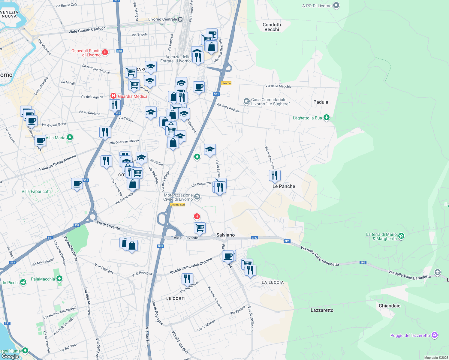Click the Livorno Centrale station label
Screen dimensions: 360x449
pos(163,19)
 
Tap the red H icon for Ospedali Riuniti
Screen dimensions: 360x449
pos(105,52)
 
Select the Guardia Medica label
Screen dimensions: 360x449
pos(132,96)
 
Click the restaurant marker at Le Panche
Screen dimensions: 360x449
pos(275,175)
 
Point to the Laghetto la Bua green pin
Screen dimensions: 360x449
pos(327,118)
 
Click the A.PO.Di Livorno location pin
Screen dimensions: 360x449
pos(336,5)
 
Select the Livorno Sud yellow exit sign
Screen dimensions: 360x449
pos(177,205)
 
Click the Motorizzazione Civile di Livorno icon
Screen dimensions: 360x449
pos(197,197)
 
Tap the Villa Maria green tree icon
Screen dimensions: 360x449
pos(70,137)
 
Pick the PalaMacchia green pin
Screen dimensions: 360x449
pos(59,279)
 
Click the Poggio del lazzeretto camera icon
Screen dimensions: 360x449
pos(435,335)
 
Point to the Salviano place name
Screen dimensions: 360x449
pos(225,235)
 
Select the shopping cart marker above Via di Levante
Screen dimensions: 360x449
pos(200,228)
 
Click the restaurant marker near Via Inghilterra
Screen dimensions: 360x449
pos(187,279)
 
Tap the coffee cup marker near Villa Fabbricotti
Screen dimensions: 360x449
pos(77,183)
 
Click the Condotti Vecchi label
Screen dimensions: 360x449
pos(272,27)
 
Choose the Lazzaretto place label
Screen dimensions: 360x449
pos(322,310)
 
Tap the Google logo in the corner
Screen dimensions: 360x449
pos(10,356)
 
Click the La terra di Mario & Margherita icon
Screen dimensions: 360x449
pos(401,236)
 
